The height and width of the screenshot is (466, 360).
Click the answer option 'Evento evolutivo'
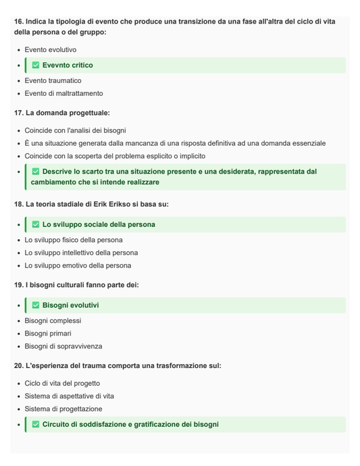click(x=51, y=50)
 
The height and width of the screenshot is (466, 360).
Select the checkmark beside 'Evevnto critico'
click(x=36, y=66)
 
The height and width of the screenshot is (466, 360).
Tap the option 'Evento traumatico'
click(x=53, y=81)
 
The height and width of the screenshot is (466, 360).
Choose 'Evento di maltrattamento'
click(x=63, y=94)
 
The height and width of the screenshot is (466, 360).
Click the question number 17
click(x=19, y=113)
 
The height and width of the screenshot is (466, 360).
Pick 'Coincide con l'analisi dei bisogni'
click(x=75, y=130)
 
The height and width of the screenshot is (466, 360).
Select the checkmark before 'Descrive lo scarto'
click(x=36, y=172)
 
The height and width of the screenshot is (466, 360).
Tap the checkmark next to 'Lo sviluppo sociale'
click(x=36, y=224)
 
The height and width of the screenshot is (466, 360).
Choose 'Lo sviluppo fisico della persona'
click(x=74, y=240)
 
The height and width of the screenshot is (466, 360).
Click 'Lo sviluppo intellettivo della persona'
click(x=81, y=253)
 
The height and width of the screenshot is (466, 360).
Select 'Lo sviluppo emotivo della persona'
click(x=78, y=265)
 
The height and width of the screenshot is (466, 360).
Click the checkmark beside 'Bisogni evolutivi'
click(x=36, y=305)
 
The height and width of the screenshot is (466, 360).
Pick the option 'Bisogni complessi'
click(x=53, y=321)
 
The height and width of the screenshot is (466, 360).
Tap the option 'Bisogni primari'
click(x=47, y=334)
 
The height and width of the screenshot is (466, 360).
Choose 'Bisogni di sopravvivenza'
click(x=63, y=346)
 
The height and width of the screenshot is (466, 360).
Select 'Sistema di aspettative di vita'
click(x=70, y=396)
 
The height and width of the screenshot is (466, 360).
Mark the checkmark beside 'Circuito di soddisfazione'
click(x=36, y=425)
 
